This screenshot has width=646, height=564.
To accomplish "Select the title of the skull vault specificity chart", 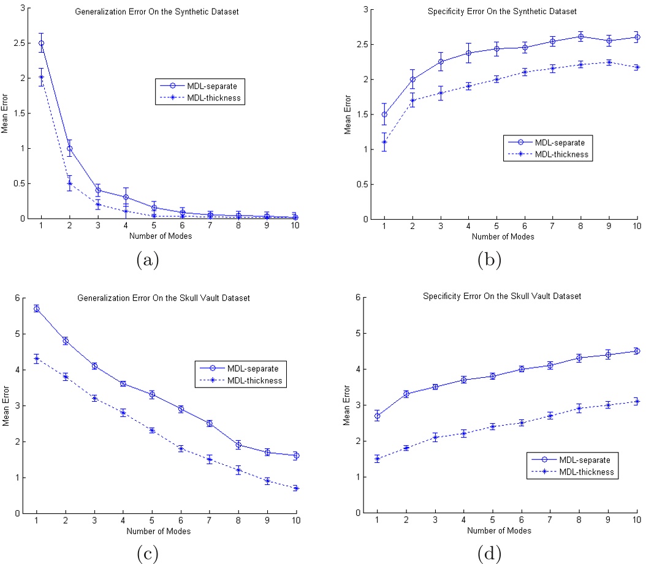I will pyautogui.click(x=501, y=296).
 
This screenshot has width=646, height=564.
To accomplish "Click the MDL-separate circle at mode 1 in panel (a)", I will pyautogui.click(x=41, y=43).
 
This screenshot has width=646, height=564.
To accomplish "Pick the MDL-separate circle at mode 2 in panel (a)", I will pyautogui.click(x=69, y=148).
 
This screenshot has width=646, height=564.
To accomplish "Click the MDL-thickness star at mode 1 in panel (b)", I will pyautogui.click(x=384, y=142).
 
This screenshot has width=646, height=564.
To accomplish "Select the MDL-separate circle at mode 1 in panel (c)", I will pyautogui.click(x=37, y=309).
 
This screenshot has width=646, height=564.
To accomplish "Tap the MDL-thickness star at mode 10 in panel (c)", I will pyautogui.click(x=295, y=488).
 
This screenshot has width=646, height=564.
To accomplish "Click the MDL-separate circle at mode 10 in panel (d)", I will pyautogui.click(x=636, y=351).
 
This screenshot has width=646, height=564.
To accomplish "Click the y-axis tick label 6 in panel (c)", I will pyautogui.click(x=18, y=298).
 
